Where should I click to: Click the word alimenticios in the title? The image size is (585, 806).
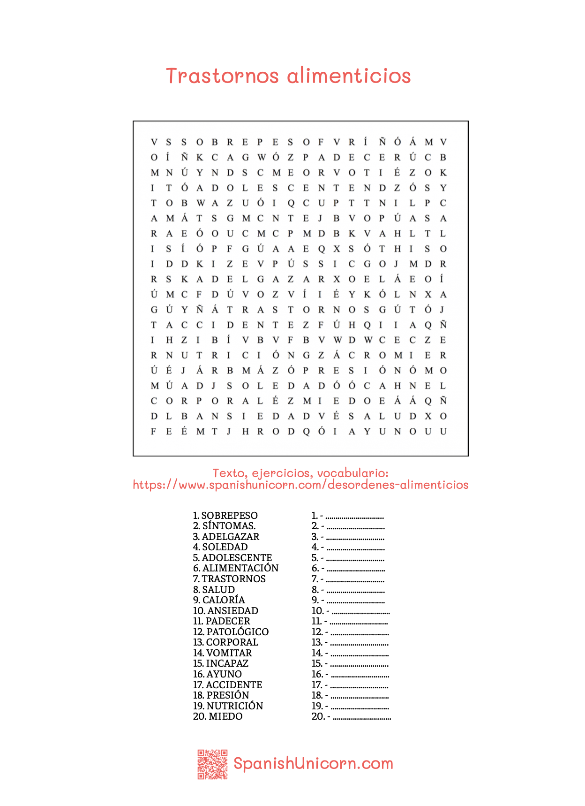349,76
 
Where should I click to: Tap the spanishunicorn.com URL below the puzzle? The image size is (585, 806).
300,485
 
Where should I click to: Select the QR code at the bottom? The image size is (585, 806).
212,764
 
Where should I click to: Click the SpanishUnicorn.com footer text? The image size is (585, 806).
313,763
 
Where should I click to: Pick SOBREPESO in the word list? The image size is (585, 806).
229,516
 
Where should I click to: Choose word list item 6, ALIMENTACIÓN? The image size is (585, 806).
240,568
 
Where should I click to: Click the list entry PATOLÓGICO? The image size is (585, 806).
237,632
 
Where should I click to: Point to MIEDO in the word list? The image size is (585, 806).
225,716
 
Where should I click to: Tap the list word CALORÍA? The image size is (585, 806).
223,600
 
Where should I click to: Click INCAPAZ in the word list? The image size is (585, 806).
227,663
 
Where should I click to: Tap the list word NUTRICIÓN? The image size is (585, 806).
234,706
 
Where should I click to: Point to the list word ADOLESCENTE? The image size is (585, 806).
237,558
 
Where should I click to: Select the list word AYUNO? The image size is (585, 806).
224,674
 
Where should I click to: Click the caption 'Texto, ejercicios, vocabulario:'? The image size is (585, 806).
300,473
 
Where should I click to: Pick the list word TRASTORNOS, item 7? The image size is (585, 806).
233,579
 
